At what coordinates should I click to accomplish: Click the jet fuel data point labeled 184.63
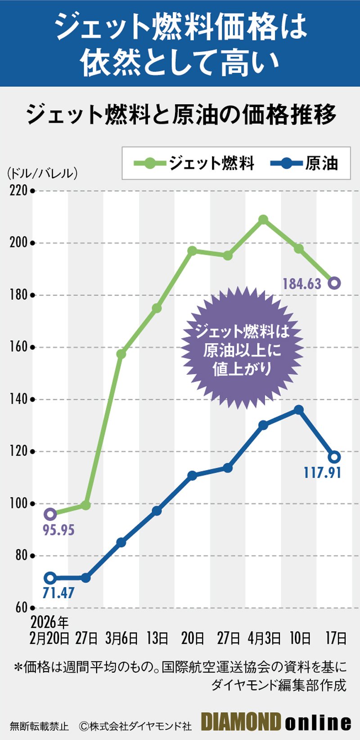pyautogui.click(x=334, y=283)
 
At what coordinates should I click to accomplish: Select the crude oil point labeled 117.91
pyautogui.click(x=334, y=457)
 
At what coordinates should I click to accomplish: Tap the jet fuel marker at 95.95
pyautogui.click(x=50, y=514)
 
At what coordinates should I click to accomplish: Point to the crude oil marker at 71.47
pyautogui.click(x=50, y=578)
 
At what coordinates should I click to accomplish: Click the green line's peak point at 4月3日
pyautogui.click(x=263, y=220)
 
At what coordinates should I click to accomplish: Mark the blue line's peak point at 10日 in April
pyautogui.click(x=299, y=409)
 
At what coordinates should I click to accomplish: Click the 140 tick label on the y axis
pyautogui.click(x=18, y=399)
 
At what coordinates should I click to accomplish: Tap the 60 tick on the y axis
pyautogui.click(x=21, y=607)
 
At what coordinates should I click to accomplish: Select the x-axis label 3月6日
pyautogui.click(x=121, y=638)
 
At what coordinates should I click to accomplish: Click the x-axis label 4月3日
pyautogui.click(x=264, y=638)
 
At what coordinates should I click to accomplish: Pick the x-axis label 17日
pyautogui.click(x=335, y=638)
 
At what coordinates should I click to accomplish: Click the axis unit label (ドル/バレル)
pyautogui.click(x=42, y=173)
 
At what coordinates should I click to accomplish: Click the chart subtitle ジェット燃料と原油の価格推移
pyautogui.click(x=180, y=114)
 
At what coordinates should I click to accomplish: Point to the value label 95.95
pyautogui.click(x=58, y=530)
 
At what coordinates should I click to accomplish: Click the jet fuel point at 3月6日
pyautogui.click(x=121, y=354)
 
